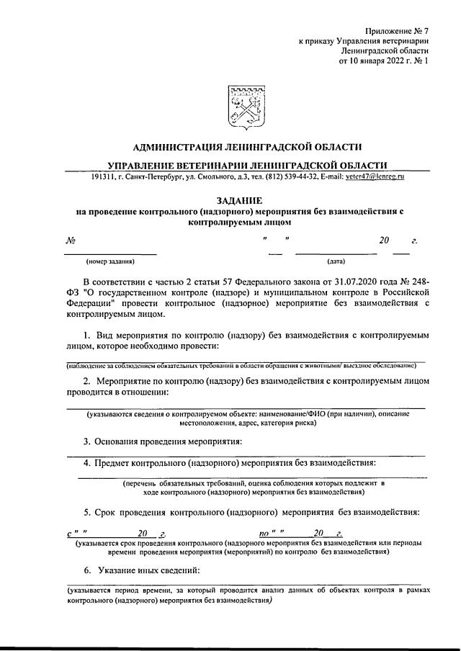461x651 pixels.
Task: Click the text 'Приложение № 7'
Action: (x=396, y=31)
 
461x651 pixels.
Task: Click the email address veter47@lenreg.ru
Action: (x=375, y=176)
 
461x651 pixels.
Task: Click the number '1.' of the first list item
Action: (x=87, y=336)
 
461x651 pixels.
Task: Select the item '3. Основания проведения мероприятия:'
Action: (x=162, y=441)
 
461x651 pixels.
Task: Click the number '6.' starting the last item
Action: (x=86, y=570)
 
